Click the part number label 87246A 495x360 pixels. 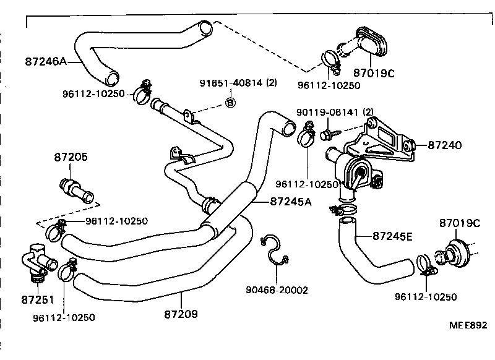(x=46, y=62)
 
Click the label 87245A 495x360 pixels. (x=291, y=201)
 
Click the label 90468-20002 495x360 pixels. (x=276, y=289)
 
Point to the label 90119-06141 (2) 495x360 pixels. (x=344, y=112)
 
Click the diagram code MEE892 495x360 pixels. (x=468, y=325)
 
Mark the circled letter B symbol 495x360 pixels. (x=230, y=102)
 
